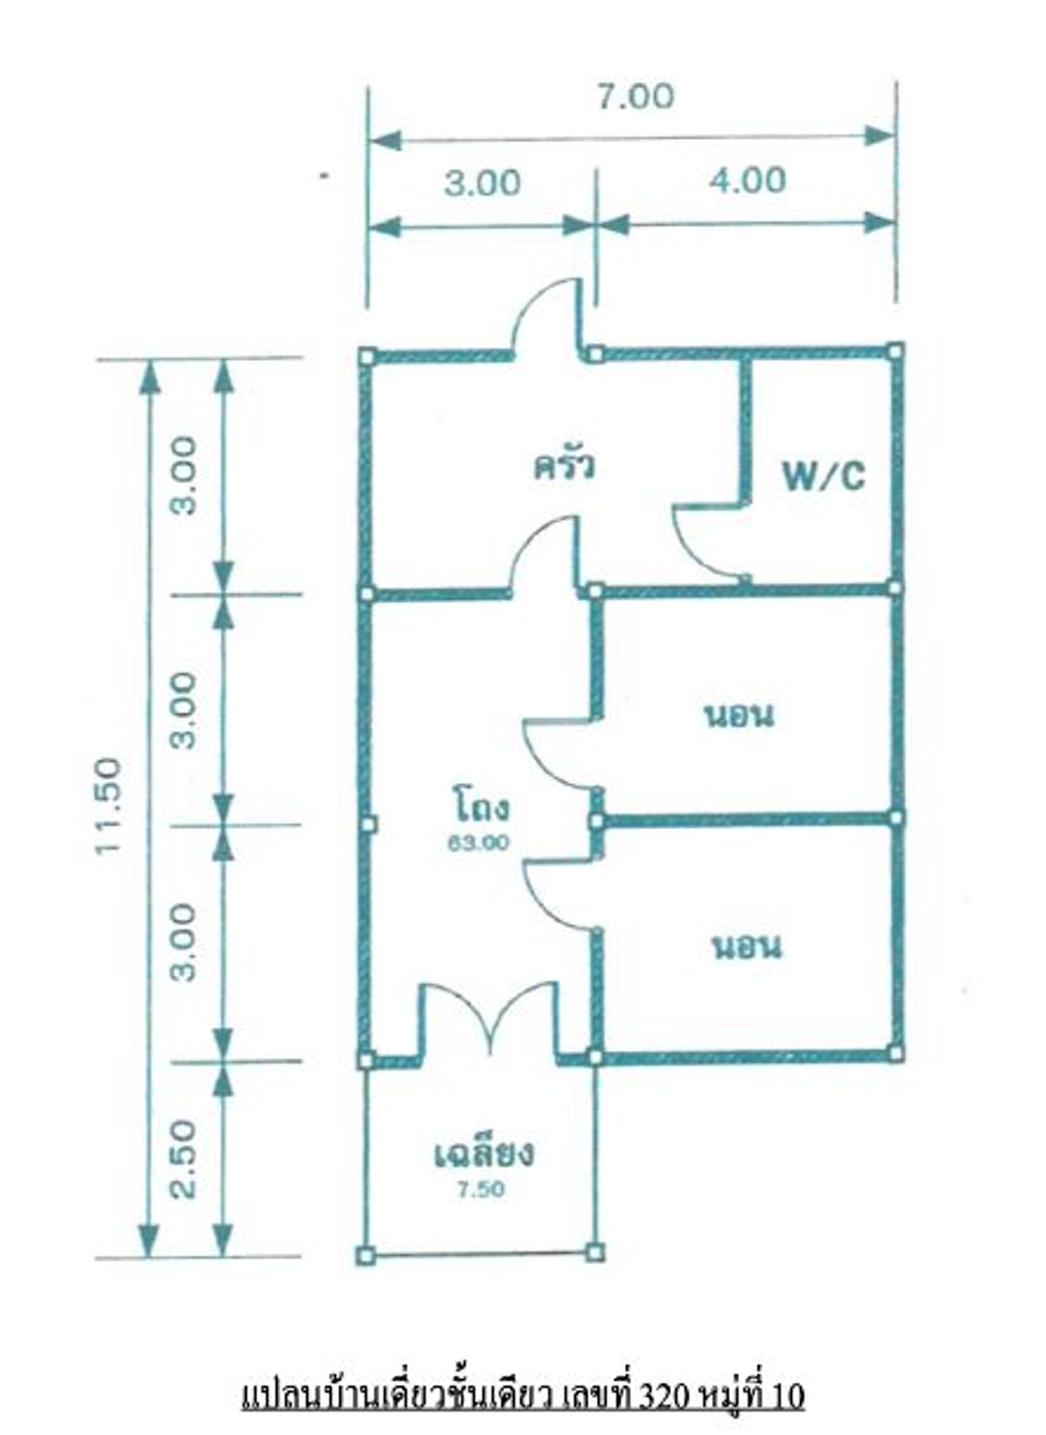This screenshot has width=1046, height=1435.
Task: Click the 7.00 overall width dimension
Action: [x=634, y=96]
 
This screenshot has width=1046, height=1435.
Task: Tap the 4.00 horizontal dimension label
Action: [x=747, y=181]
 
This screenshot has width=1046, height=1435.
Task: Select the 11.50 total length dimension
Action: [x=109, y=806]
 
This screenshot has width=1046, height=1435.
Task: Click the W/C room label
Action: [x=823, y=475]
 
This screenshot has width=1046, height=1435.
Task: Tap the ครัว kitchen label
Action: [x=564, y=465]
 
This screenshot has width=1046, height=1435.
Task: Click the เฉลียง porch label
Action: [x=485, y=1154]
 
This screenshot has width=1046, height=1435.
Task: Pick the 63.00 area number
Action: [x=478, y=842]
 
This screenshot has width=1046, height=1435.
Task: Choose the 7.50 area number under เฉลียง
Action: [x=481, y=1190]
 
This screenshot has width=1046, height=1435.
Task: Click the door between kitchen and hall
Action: [x=543, y=554]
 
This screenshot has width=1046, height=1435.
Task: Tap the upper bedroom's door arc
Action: [x=543, y=756]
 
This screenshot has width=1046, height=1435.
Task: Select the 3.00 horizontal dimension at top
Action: [x=482, y=183]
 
